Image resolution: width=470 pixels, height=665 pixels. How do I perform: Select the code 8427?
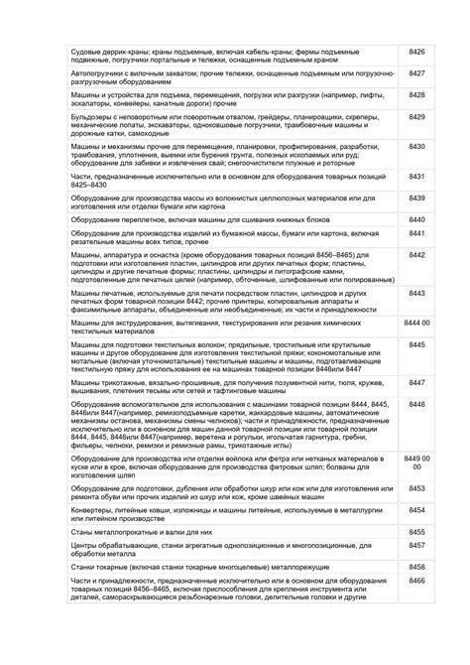416,73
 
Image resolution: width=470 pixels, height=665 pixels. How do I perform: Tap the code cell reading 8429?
416,118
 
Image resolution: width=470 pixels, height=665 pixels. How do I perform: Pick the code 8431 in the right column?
416,176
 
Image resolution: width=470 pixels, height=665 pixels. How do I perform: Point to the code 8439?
416,199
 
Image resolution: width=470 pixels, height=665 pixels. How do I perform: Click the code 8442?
416,255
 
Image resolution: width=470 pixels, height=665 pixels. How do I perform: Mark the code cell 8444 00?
416,324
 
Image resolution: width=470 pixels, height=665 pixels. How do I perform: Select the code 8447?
416,381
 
